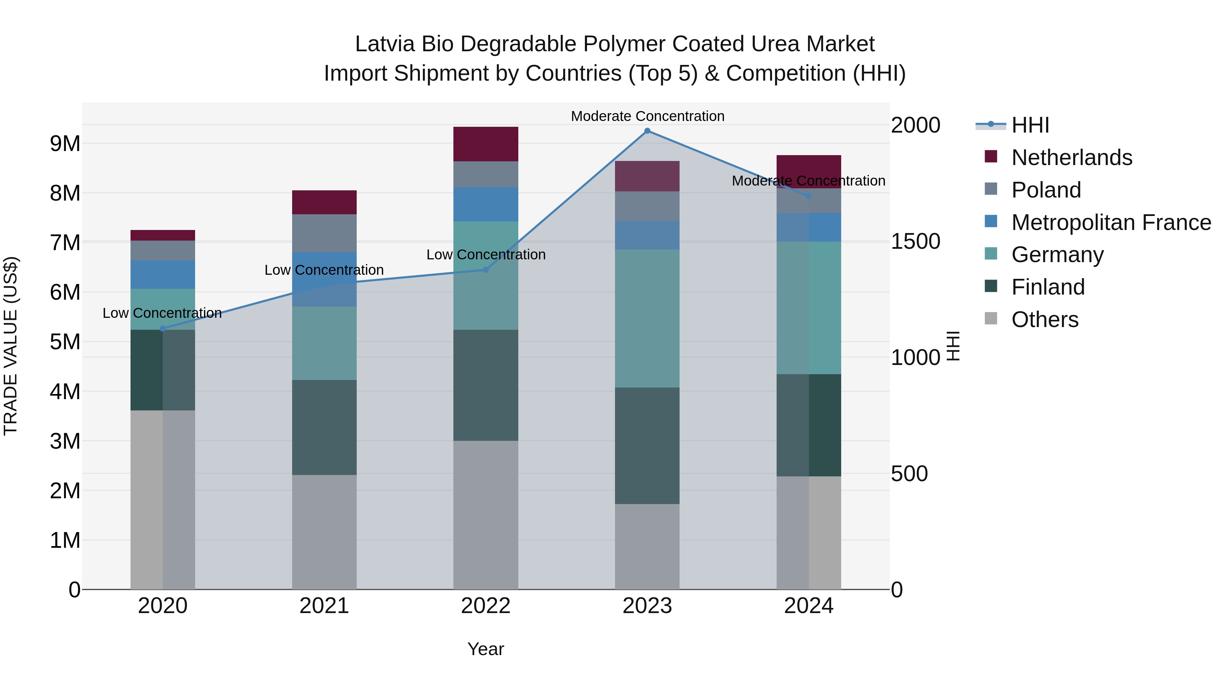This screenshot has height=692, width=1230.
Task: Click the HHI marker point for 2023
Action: click(647, 131)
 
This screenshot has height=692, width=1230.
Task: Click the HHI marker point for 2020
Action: click(163, 328)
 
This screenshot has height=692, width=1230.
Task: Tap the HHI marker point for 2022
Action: click(486, 270)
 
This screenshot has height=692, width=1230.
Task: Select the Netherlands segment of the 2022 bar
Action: click(486, 144)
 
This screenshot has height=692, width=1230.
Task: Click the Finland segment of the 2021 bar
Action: click(324, 428)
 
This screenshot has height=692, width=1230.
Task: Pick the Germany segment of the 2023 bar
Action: click(647, 318)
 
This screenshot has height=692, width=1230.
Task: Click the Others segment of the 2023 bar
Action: click(647, 546)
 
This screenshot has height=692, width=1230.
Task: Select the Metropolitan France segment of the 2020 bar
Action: click(163, 275)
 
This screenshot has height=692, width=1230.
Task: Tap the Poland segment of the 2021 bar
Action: click(324, 233)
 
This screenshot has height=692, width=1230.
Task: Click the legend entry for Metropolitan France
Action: click(1111, 222)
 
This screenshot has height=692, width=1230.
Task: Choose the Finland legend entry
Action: click(1048, 287)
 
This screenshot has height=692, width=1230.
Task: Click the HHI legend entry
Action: click(1030, 125)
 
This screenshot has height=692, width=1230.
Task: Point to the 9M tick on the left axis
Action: click(65, 143)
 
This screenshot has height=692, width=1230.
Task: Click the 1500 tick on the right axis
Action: click(915, 241)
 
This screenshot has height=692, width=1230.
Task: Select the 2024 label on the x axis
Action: click(808, 606)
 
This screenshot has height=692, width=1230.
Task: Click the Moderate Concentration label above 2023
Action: click(647, 116)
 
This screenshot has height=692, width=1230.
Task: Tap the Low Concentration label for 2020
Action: click(162, 313)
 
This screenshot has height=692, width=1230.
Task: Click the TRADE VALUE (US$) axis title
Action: click(11, 346)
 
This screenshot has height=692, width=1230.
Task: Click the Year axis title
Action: click(486, 649)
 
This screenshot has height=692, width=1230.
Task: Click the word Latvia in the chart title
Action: click(384, 44)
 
